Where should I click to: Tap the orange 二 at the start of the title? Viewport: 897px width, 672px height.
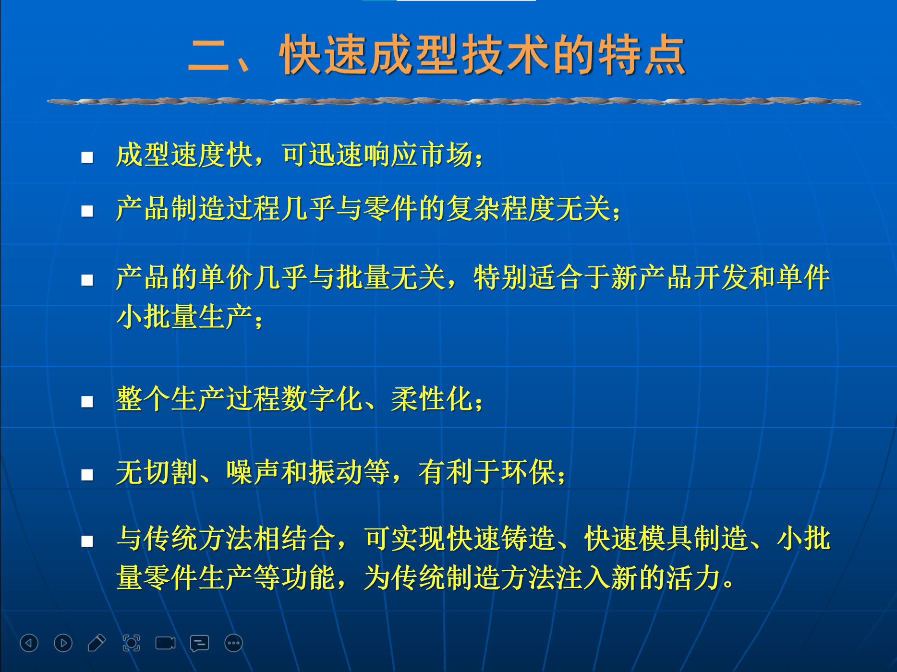208,56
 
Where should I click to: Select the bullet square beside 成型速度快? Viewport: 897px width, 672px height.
87,157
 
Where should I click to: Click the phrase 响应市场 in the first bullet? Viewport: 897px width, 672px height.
418,155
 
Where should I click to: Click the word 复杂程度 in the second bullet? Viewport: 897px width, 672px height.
501,209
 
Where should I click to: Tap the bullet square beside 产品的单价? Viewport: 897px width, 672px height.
87,280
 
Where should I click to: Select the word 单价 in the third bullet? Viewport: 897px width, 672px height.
226,277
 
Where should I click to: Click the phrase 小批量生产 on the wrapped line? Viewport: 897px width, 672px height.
185,317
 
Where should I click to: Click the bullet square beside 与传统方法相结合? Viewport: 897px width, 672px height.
87,541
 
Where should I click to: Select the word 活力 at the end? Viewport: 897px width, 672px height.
693,577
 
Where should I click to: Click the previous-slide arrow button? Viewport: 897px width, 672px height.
29,643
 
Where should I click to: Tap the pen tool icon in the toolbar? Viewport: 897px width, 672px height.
97,643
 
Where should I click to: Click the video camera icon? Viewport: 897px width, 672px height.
165,643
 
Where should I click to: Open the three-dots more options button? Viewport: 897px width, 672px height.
234,643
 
